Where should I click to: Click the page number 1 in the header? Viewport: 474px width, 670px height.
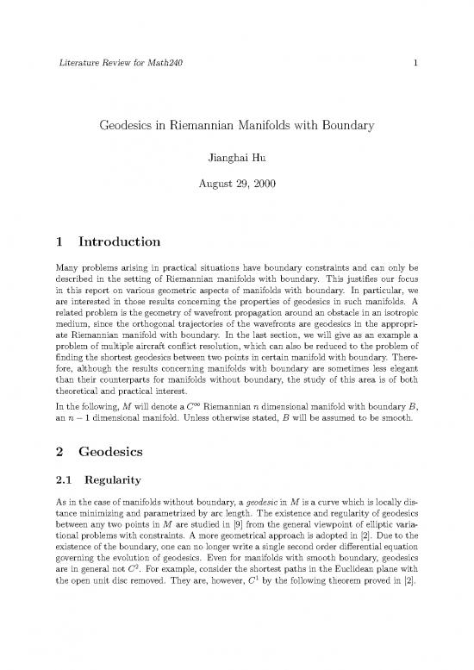point(415,63)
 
